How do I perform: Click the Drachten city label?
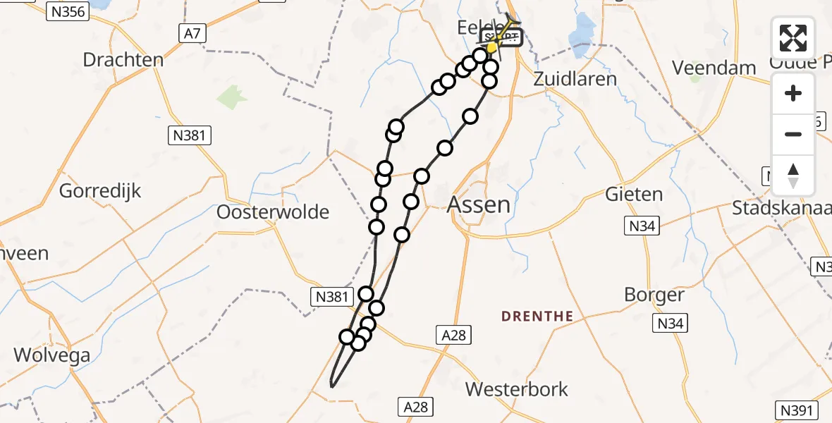pyautogui.click(x=123, y=59)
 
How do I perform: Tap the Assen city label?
pyautogui.click(x=479, y=205)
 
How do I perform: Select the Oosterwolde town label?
pyautogui.click(x=273, y=211)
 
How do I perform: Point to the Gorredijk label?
pyautogui.click(x=100, y=190)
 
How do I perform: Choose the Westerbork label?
pyautogui.click(x=517, y=389)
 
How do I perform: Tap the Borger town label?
pyautogui.click(x=654, y=295)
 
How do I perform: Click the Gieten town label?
pyautogui.click(x=634, y=194)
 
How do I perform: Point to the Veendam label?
pyautogui.click(x=714, y=68)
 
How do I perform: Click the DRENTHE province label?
pyautogui.click(x=537, y=317)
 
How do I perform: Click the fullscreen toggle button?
pyautogui.click(x=793, y=38)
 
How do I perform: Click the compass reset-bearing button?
pyautogui.click(x=793, y=175)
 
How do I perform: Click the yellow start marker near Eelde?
pyautogui.click(x=491, y=48)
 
